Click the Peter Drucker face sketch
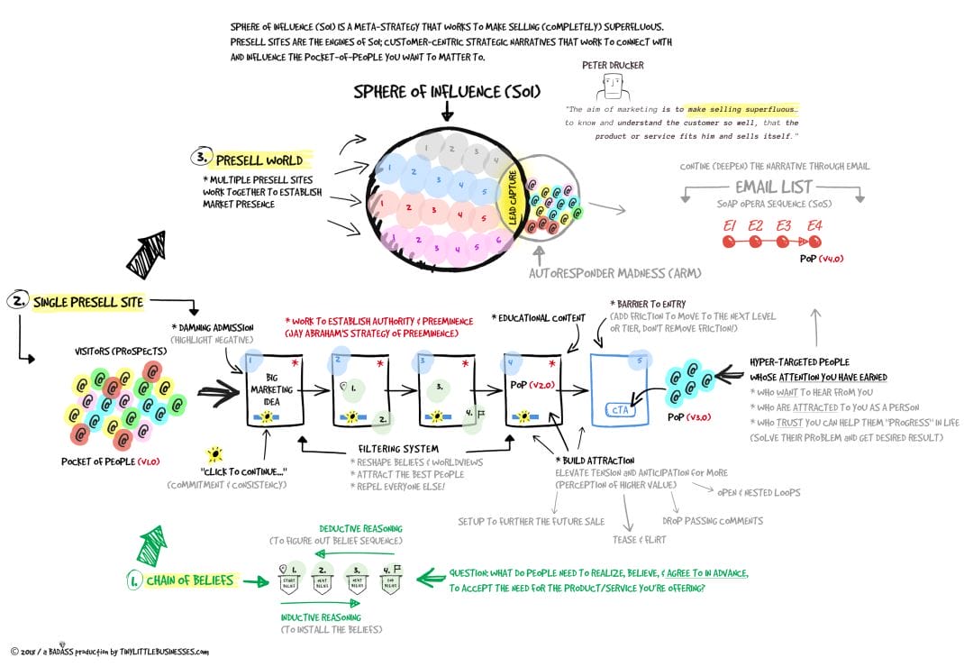click(x=613, y=87)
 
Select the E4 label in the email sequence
click(x=814, y=225)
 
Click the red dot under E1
click(x=729, y=242)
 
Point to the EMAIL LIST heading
click(x=774, y=187)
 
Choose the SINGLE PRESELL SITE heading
click(x=87, y=302)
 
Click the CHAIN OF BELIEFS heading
click(x=189, y=580)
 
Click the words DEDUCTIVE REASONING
click(x=360, y=529)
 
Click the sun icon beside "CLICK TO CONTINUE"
click(x=214, y=453)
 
